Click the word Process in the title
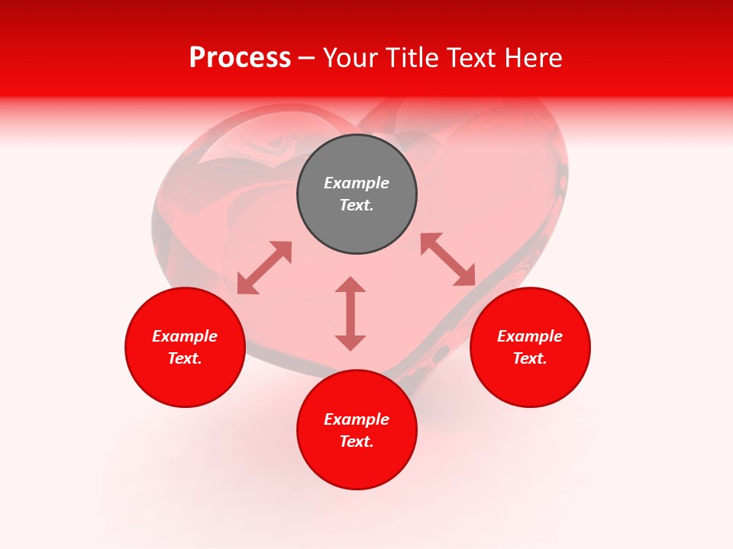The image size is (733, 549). point(240,58)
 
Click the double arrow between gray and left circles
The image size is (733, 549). point(264,268)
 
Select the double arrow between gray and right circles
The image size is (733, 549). point(447,260)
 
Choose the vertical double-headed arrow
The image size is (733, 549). point(350,313)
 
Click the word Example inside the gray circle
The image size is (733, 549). point(357,183)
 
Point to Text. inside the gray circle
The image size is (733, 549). point(357,205)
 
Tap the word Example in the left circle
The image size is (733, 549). point(185,336)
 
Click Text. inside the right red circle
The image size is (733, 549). point(530,358)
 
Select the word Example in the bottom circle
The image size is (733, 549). point(357,419)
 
